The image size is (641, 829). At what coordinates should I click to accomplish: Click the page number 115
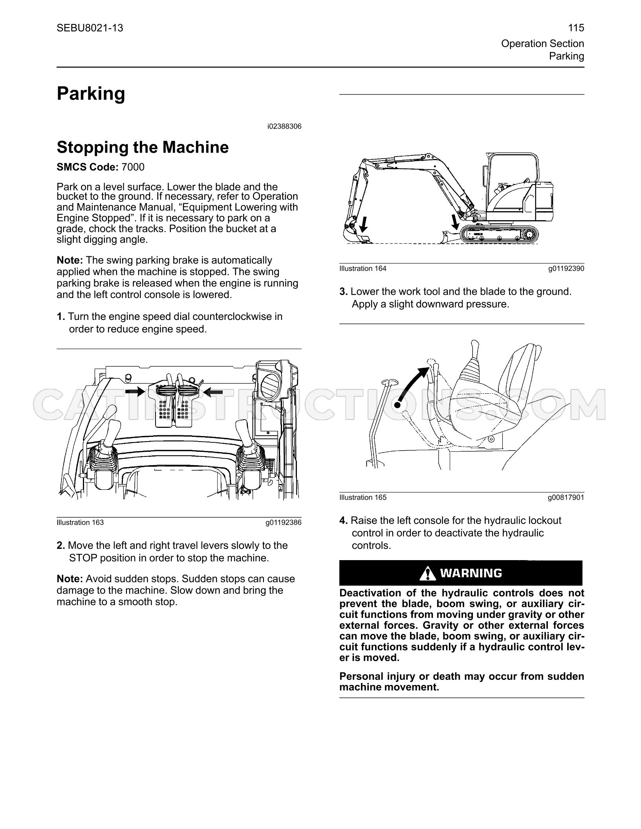point(576,28)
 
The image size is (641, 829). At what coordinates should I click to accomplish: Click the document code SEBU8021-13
point(90,28)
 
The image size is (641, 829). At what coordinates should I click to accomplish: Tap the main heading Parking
point(91,94)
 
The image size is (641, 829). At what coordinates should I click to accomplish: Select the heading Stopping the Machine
point(143,148)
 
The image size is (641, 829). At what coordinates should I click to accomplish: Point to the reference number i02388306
point(284,126)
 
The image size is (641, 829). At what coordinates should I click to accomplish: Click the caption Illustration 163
point(80,522)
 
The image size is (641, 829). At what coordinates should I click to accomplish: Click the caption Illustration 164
point(363,268)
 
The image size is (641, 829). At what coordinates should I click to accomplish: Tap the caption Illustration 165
point(363,497)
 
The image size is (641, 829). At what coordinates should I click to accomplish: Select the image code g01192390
point(566,268)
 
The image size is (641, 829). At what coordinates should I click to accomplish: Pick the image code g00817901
point(566,497)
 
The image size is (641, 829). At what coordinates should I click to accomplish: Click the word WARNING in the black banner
point(471,573)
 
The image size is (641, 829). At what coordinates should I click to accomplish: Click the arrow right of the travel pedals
point(213,391)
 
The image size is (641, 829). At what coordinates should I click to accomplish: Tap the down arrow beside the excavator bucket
point(363,224)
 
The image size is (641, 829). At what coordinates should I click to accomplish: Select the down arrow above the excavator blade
point(456,222)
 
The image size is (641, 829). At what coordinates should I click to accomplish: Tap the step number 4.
point(344,521)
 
